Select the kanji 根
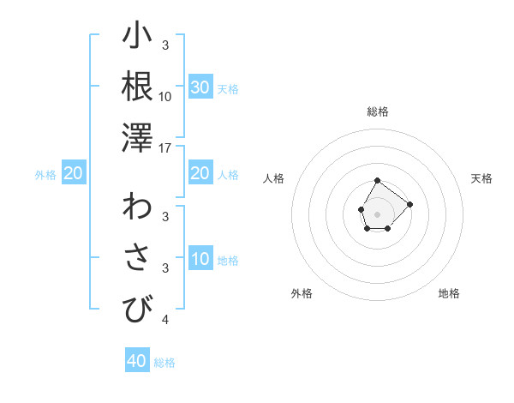click(137, 87)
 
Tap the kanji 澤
click(137, 137)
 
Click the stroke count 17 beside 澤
click(166, 148)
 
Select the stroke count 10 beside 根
click(165, 96)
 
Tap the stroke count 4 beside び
click(165, 321)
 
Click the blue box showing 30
click(200, 87)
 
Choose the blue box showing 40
click(137, 361)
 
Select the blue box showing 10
click(200, 259)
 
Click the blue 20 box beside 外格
click(73, 173)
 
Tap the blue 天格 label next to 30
click(228, 89)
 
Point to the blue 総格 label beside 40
click(164, 363)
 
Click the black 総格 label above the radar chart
click(377, 111)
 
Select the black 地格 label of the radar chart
click(449, 293)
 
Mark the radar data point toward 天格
click(409, 204)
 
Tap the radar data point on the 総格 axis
click(377, 181)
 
